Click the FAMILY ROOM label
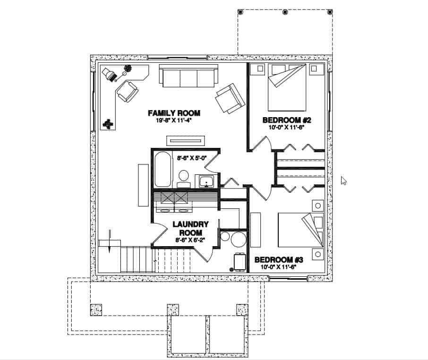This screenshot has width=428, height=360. pos(174,113)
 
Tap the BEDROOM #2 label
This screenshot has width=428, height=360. pos(287,120)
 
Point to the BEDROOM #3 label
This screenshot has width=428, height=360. pos(279,260)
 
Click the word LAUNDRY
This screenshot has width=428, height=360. pos(188,225)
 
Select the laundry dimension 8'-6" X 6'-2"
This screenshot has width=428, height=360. pos(188,240)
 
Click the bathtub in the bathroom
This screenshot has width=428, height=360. pos(163,169)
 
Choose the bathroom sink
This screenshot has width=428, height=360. pos(206,181)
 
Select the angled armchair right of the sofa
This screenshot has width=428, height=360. pos(230,98)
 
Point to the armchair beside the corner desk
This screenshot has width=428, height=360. pos(127,92)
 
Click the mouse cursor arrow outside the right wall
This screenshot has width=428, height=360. pos(343,180)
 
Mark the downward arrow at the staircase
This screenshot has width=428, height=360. pos(109,241)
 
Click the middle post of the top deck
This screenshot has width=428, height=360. pos(285,12)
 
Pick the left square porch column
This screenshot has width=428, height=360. pos(96,309)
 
